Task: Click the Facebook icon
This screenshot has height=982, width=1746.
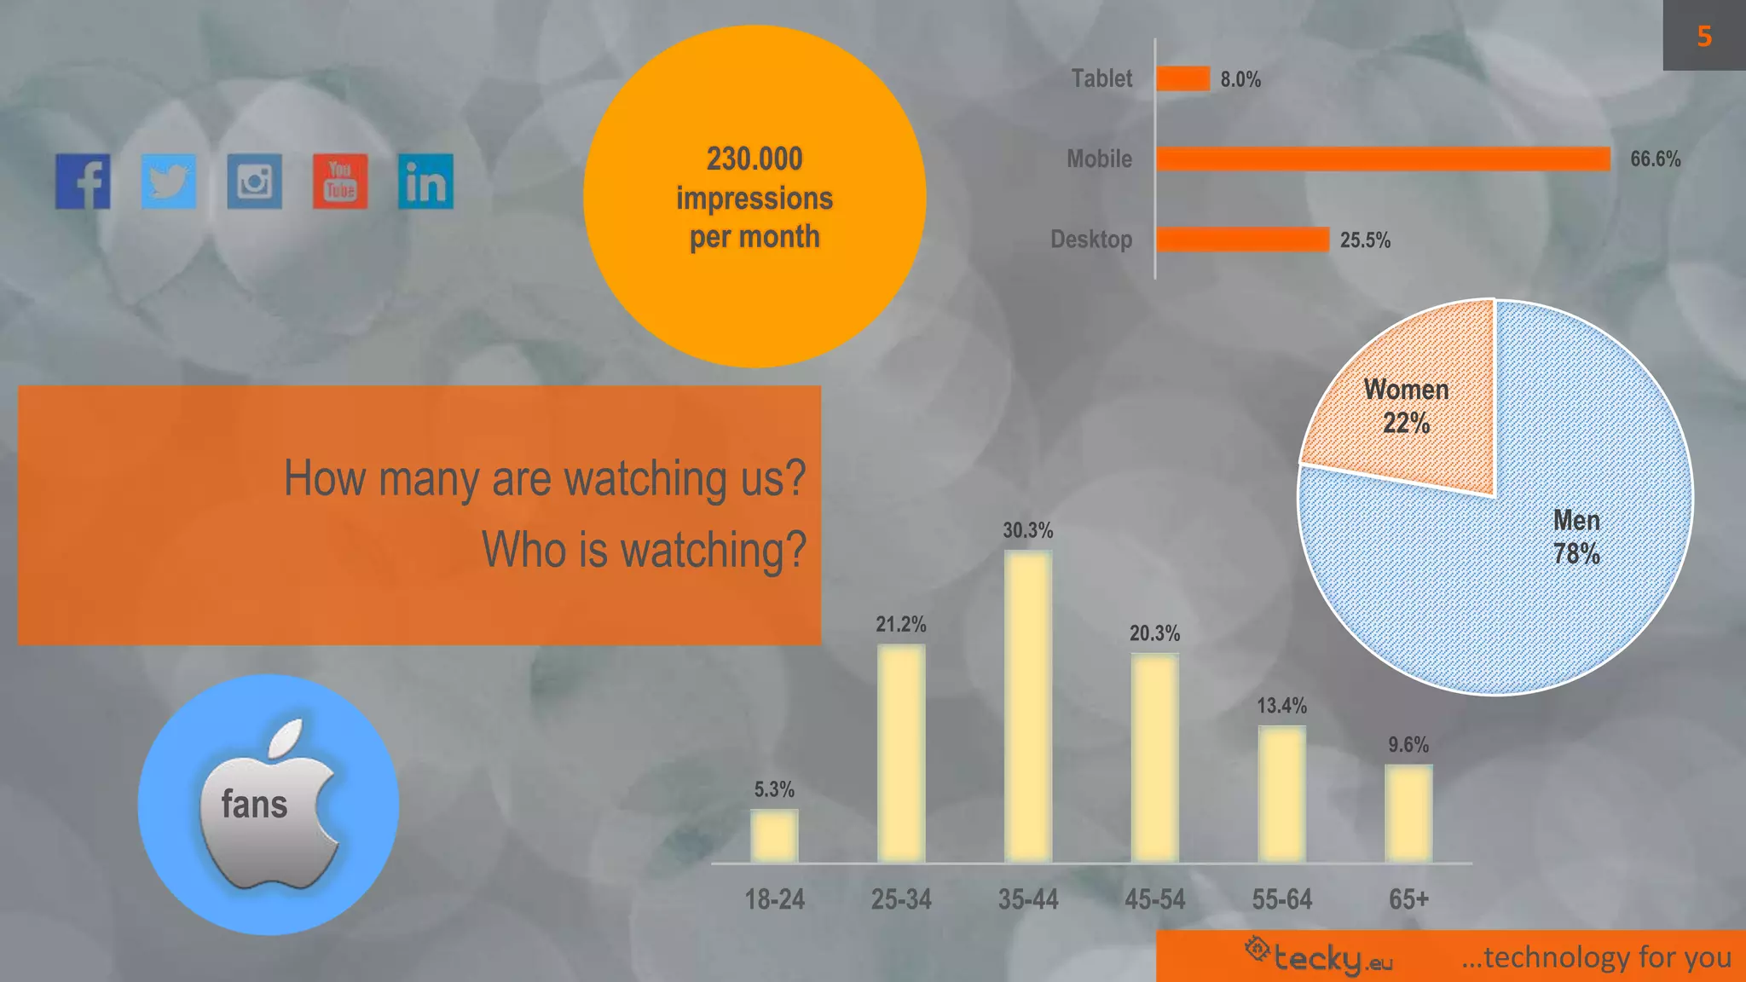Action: coord(83,182)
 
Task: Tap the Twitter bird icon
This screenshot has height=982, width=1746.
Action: coord(169,182)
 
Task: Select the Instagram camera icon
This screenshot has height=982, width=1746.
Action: coord(254,182)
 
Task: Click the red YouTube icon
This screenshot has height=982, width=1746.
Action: coord(340,182)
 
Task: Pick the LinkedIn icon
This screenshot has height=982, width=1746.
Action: coord(425,182)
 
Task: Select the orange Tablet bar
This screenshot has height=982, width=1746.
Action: coord(1183,79)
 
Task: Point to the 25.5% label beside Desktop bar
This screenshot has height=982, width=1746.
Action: coord(1365,240)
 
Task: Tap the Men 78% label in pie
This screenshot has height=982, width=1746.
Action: coord(1576,537)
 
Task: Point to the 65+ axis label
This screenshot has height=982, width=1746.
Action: coord(1408,899)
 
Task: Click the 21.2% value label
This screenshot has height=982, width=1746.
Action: coord(900,625)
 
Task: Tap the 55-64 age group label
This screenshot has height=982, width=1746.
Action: coord(1281,899)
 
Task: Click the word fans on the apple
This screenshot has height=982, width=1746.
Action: coord(254,805)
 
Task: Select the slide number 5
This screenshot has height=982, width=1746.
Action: coord(1704,36)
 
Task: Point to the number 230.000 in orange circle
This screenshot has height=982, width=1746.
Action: coord(754,159)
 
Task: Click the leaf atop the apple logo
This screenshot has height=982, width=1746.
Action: coord(286,738)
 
